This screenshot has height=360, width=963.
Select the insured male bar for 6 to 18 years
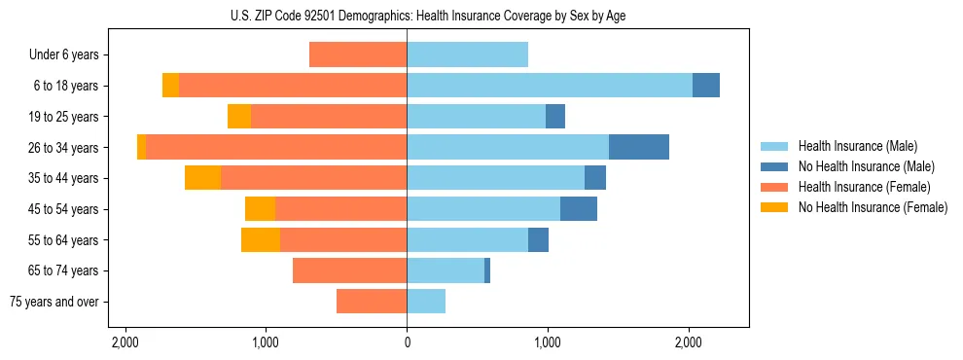pos(550,86)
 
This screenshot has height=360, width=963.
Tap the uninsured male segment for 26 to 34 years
pos(639,147)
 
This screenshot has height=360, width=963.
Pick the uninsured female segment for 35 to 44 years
pos(202,178)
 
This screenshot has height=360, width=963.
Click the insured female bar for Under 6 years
pos(358,54)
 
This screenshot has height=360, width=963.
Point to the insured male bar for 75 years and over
pos(426,302)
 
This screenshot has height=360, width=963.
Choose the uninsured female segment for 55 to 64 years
pos(261,239)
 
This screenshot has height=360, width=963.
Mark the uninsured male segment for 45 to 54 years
pos(579,209)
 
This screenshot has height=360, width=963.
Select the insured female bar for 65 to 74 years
pos(349,270)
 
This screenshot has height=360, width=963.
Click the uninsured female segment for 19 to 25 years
pos(239,117)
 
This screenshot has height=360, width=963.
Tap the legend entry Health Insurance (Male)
pos(857,146)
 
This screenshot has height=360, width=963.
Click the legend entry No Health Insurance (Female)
pos(873,207)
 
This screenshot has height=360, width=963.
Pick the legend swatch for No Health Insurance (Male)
pos(774,166)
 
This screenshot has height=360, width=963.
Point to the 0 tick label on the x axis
pos(407,342)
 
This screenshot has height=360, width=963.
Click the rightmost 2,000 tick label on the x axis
pos(688,342)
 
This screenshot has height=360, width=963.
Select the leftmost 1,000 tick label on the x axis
pos(266,342)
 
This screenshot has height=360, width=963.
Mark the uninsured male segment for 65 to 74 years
pos(487,270)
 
